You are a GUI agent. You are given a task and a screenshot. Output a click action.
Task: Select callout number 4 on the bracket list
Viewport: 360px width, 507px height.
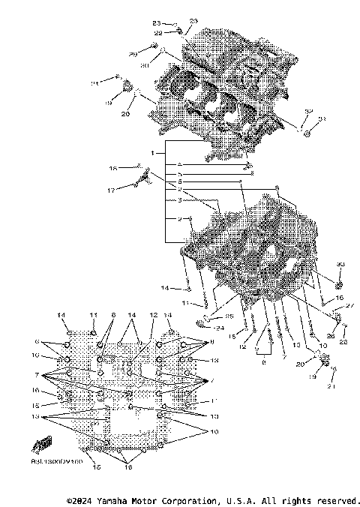(x=180, y=163)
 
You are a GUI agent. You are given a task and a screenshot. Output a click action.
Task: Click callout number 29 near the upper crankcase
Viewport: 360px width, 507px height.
(x=132, y=55)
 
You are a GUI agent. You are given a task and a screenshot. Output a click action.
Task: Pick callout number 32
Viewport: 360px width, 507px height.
(x=308, y=110)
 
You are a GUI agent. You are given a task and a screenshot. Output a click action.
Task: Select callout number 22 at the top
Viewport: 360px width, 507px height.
(x=158, y=32)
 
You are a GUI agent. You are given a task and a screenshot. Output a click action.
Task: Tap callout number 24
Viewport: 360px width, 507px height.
(x=219, y=327)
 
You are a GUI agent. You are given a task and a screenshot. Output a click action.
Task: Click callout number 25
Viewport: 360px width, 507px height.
(x=229, y=316)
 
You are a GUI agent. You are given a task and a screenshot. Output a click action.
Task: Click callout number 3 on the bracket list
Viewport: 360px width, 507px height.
(x=180, y=200)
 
